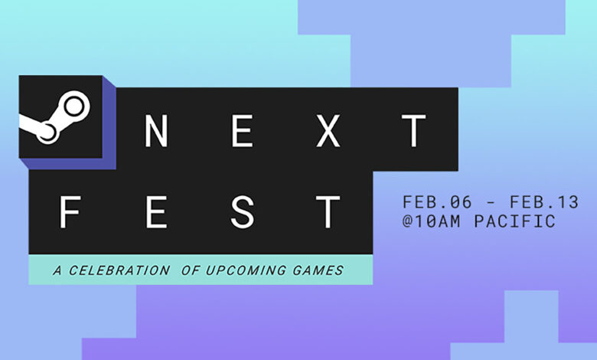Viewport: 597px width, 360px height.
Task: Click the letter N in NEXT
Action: pyautogui.click(x=156, y=131)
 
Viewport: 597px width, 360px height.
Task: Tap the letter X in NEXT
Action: pyautogui.click(x=328, y=131)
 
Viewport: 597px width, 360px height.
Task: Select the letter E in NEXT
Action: pyautogui.click(x=243, y=131)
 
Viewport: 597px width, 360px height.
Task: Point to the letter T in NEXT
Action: pyautogui.click(x=414, y=131)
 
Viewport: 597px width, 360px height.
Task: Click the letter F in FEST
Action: pyautogui.click(x=70, y=212)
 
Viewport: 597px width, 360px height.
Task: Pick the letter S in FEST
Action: pyautogui.click(x=242, y=212)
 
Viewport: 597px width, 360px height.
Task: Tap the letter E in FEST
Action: pyautogui.click(x=156, y=212)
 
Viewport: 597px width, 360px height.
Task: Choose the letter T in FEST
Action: pyautogui.click(x=328, y=212)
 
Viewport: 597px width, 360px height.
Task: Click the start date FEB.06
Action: pyautogui.click(x=437, y=202)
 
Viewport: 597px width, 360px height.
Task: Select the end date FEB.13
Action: pyautogui.click(x=544, y=202)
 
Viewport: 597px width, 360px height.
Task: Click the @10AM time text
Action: pyautogui.click(x=432, y=221)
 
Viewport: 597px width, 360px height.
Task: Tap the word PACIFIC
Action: pyautogui.click(x=515, y=221)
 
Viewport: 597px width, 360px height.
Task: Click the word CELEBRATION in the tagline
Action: pyautogui.click(x=119, y=270)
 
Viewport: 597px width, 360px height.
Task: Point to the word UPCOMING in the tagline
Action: pyautogui.click(x=246, y=270)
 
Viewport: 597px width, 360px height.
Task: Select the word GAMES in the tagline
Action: pyautogui.click(x=318, y=270)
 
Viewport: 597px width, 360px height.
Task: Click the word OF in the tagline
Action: pyautogui.click(x=191, y=270)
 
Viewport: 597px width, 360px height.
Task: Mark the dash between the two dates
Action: pyautogui.click(x=491, y=203)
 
